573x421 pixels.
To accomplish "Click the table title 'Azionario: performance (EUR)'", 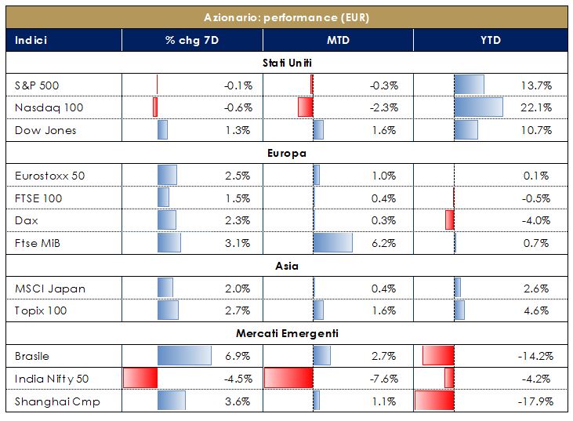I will click(x=286, y=16).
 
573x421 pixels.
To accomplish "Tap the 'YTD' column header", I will click(x=491, y=40).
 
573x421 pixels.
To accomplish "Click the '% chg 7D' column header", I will click(x=191, y=40).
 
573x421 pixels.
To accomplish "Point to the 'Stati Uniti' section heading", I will click(x=286, y=62).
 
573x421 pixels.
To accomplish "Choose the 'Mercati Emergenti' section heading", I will click(x=286, y=334).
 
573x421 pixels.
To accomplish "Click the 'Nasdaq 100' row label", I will click(x=49, y=107).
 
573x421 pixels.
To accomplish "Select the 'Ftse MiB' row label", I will click(x=39, y=243).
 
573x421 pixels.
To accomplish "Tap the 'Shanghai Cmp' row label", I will click(x=57, y=402).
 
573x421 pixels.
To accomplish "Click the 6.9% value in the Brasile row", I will click(x=238, y=357).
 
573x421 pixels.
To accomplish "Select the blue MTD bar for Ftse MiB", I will click(x=332, y=243).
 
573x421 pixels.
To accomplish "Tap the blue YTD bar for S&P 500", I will click(x=469, y=85).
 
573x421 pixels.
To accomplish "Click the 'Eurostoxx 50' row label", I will click(x=50, y=176).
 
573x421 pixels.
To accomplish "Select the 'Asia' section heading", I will click(x=286, y=266).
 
